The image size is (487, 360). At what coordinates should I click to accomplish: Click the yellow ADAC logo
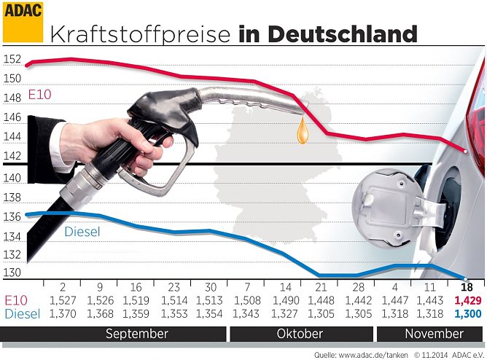(x=23, y=22)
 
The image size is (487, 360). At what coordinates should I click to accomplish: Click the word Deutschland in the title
(x=343, y=34)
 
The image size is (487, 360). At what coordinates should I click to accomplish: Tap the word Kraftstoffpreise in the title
(x=141, y=34)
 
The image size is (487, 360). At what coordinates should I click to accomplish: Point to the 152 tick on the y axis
(x=12, y=60)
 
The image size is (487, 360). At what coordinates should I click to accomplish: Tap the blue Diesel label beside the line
(x=82, y=232)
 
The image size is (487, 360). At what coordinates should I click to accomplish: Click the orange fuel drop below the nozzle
(x=302, y=131)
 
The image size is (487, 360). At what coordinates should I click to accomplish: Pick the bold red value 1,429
(x=467, y=300)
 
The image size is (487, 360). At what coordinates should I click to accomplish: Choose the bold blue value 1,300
(x=467, y=313)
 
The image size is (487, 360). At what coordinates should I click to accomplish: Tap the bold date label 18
(x=467, y=287)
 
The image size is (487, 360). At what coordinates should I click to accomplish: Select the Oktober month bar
(x=300, y=334)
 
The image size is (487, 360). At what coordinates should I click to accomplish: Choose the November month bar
(x=429, y=334)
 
